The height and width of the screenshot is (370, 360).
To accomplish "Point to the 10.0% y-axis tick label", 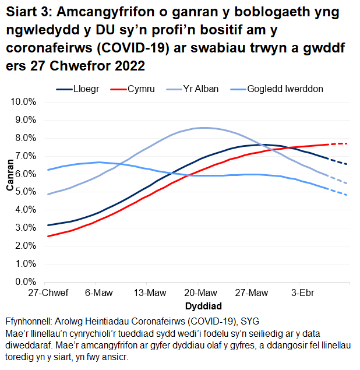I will (24, 101).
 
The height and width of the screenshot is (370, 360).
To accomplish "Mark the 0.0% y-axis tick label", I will (26, 282).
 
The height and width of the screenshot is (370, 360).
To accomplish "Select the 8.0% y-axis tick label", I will (26, 138).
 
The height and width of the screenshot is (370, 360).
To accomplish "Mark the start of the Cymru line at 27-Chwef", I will (48, 236).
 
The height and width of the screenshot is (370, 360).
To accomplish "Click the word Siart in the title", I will (23, 12).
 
